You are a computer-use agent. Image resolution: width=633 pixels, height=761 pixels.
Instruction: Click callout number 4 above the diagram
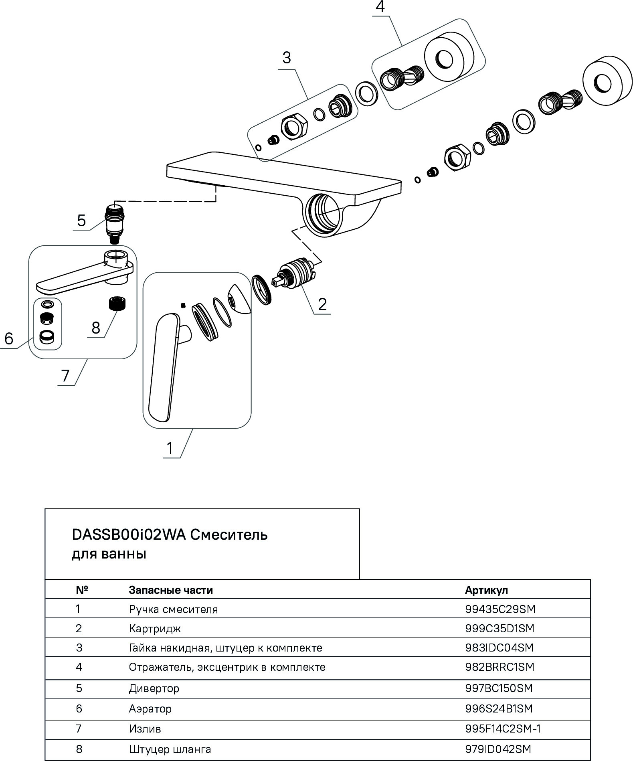(x=380, y=7)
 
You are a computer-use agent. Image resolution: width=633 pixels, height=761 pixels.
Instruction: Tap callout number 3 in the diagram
(x=286, y=58)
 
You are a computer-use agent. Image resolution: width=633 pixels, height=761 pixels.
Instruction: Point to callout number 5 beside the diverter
(x=81, y=221)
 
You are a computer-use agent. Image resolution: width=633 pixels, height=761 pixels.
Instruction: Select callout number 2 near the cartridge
(x=322, y=304)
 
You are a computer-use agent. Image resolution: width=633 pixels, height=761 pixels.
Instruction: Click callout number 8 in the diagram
(x=96, y=328)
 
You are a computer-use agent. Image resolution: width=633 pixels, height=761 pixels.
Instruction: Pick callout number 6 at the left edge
(x=9, y=339)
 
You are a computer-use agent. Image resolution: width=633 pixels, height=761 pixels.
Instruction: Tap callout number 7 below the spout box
(x=65, y=376)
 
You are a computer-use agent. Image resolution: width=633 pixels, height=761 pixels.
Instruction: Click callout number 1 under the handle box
(x=170, y=448)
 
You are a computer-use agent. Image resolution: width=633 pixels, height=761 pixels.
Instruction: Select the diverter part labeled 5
(x=114, y=223)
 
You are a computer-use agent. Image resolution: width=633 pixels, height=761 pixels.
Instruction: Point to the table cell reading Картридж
(x=155, y=628)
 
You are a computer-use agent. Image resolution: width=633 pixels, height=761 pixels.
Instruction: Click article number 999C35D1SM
(x=500, y=628)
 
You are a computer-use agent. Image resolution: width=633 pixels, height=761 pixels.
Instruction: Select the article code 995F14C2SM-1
(x=503, y=729)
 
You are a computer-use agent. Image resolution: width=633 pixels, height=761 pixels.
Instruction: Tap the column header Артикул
(x=486, y=590)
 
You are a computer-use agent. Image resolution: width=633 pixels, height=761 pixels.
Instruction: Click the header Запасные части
(x=171, y=590)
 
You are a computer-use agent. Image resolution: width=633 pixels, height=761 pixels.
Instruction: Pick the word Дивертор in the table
(x=154, y=688)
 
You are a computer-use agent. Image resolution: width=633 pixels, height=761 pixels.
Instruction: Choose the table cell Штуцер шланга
(x=170, y=749)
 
